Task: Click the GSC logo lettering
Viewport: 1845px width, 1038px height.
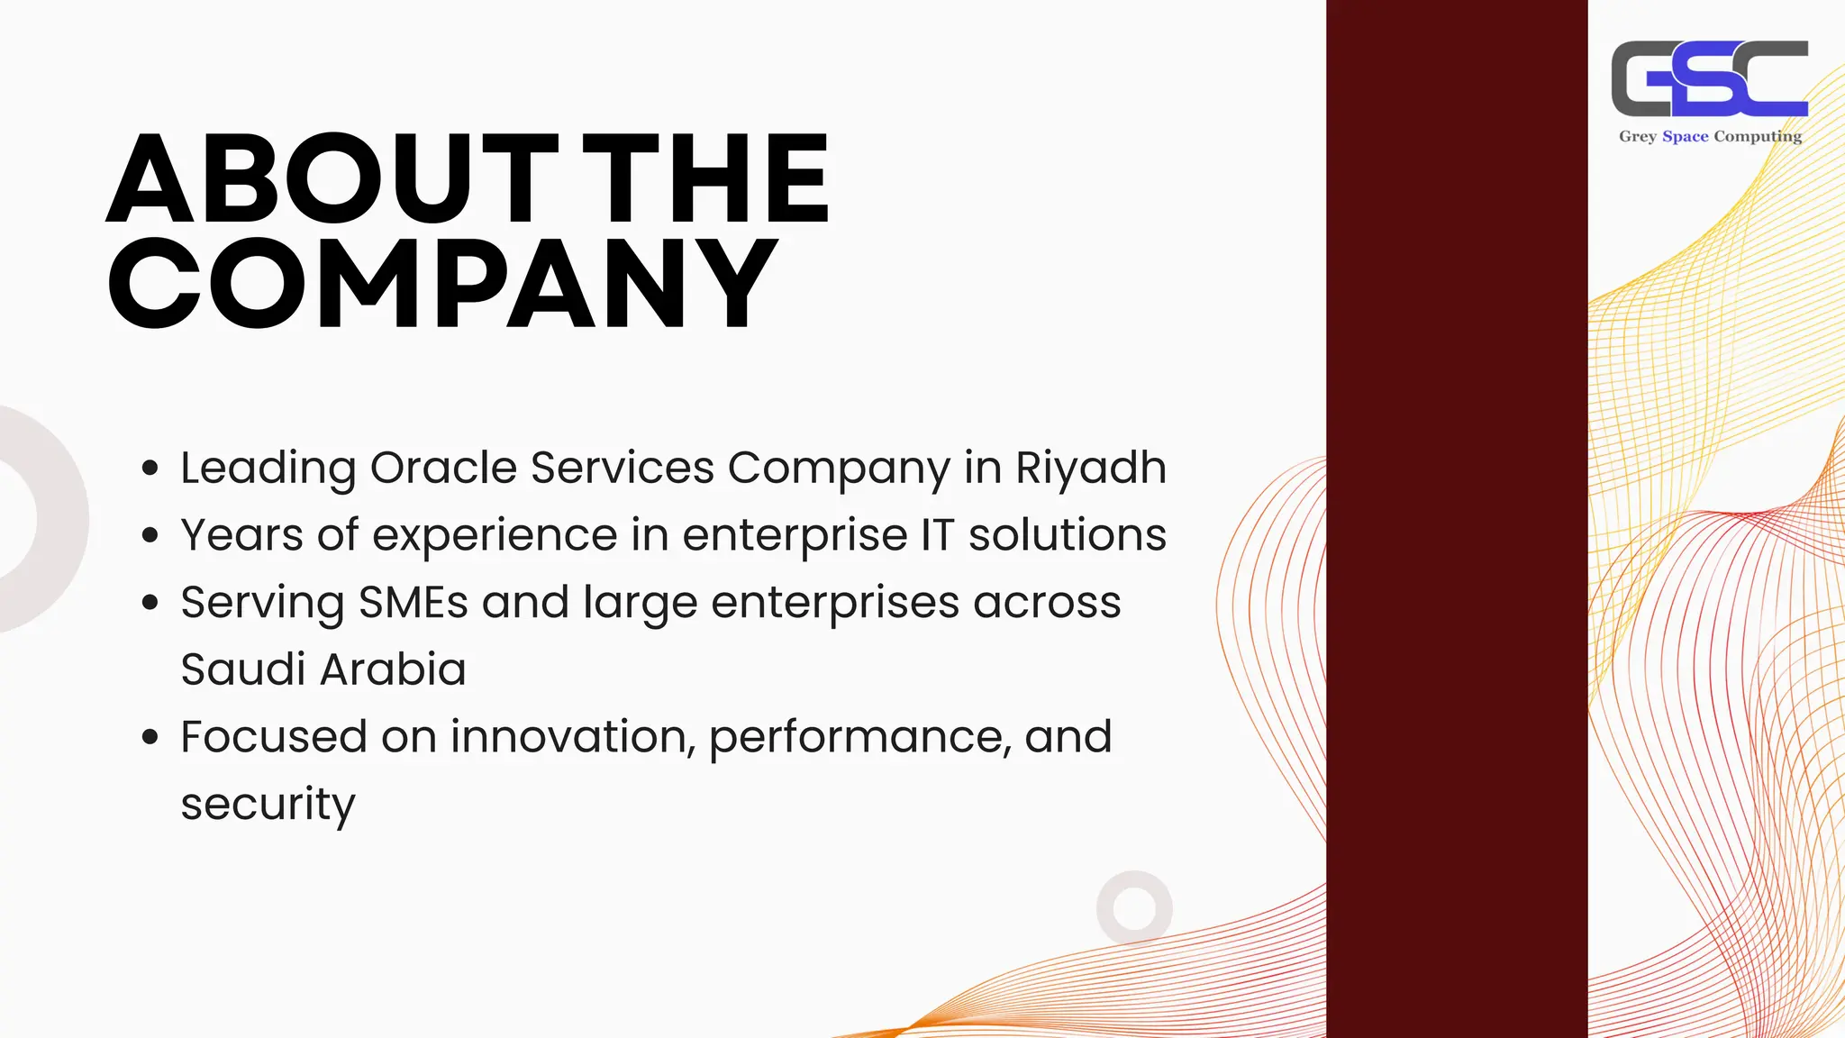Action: [1709, 79]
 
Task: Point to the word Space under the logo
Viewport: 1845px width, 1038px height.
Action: [1685, 136]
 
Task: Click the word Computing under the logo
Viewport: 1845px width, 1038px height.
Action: [1757, 137]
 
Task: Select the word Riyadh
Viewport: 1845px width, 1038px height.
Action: [1090, 468]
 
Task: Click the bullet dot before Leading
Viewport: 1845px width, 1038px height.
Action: [150, 469]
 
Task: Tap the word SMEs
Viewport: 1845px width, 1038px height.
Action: [414, 602]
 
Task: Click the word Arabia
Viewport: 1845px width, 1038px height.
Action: [393, 669]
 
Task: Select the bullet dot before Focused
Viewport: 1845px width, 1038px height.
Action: [150, 737]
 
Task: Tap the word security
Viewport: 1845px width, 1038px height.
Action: [268, 804]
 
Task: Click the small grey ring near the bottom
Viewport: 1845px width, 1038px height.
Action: [1134, 907]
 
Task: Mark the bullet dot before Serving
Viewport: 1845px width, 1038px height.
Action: [150, 603]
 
